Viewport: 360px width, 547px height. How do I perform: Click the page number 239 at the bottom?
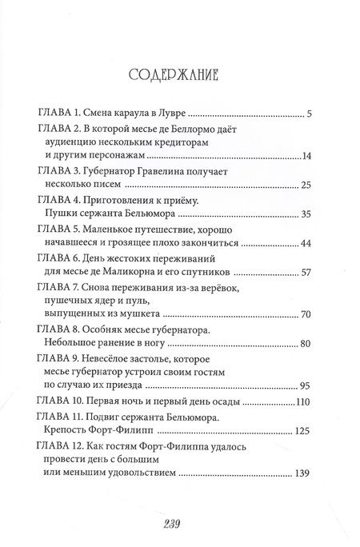coord(179,525)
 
